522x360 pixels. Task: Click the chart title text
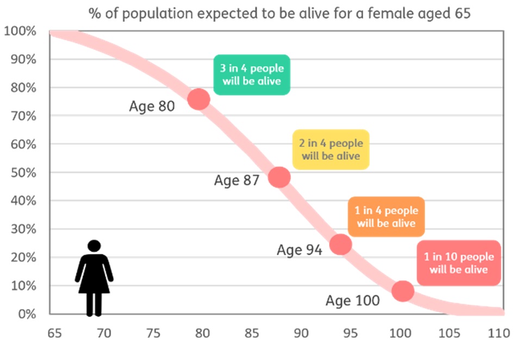coord(279,13)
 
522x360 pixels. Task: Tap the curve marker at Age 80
coord(198,100)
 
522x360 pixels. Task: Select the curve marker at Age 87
coord(279,177)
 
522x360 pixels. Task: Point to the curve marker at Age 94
coord(340,244)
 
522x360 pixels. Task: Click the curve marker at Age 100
coord(403,290)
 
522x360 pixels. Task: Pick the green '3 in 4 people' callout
coord(251,75)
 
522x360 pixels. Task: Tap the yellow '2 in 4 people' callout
coord(331,150)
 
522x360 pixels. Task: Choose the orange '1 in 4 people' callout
coord(386,216)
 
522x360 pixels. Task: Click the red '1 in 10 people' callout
coord(458,263)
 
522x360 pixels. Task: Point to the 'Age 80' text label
coord(152,106)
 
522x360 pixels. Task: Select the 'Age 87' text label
coord(237,181)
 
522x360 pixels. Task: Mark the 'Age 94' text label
coord(299,250)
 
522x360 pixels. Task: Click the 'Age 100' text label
coord(352,300)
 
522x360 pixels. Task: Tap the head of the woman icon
coord(94,247)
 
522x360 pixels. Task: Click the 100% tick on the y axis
coord(20,31)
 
